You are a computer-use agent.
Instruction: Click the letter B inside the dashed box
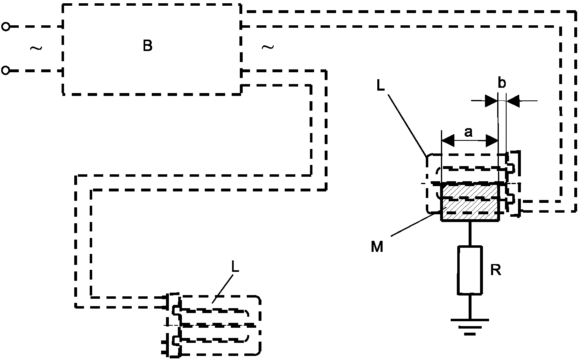coord(148,46)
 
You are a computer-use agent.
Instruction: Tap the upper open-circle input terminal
coord(5,27)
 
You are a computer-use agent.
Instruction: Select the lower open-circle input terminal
coord(5,71)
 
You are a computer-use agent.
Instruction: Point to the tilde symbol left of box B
coord(36,49)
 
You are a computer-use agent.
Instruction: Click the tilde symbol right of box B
coord(267,47)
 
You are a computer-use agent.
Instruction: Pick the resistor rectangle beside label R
coord(470,270)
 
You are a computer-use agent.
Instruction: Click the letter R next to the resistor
coord(495,270)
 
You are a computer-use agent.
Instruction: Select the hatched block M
coord(470,202)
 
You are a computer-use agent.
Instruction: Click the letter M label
coord(377,247)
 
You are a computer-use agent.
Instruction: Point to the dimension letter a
coord(469,132)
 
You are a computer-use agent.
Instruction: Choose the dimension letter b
coord(502,83)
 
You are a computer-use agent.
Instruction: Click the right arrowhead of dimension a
coord(492,142)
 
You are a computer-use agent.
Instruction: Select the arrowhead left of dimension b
coord(491,101)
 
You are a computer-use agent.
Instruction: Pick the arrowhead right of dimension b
coord(513,101)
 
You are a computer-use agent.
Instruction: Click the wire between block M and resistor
coord(470,233)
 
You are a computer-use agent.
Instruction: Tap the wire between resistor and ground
coord(470,306)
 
